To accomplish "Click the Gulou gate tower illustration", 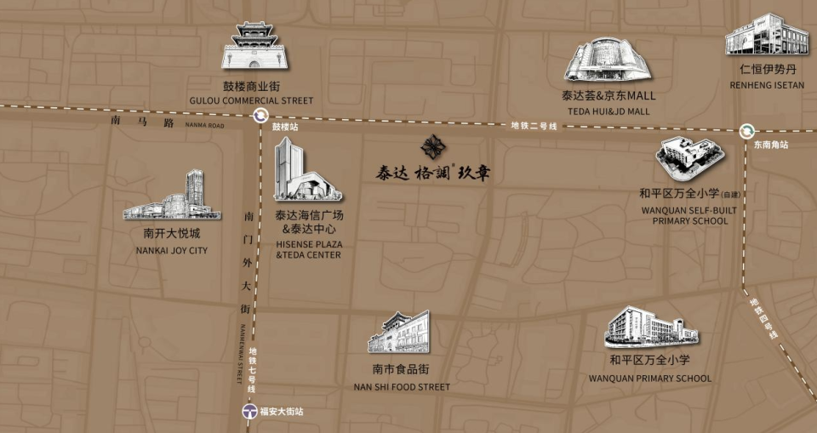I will click(254, 47).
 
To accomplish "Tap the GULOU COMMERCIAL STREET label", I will click(251, 100).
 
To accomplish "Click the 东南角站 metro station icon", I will click(747, 131).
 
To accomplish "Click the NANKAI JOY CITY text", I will click(172, 251).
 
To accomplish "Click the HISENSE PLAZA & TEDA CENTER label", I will click(308, 249).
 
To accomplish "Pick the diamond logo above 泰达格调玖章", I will click(433, 147).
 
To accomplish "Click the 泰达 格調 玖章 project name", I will click(433, 173).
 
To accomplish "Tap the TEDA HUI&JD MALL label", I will click(608, 111).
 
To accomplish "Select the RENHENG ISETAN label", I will click(766, 85).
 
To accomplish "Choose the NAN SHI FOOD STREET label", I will click(401, 387).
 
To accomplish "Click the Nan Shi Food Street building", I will click(400, 333).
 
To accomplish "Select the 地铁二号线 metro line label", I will click(534, 126).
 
